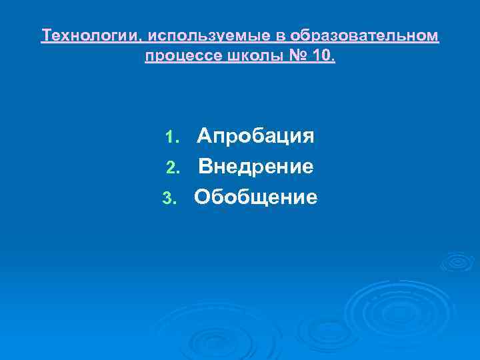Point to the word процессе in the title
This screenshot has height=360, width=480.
[177, 56]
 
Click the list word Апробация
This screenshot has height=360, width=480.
[255, 137]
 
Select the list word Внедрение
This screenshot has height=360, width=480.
[255, 167]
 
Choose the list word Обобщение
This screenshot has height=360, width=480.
[256, 197]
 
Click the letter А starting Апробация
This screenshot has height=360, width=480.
[204, 136]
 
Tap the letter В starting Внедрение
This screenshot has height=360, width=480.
[205, 166]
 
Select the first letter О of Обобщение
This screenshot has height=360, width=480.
[203, 197]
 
